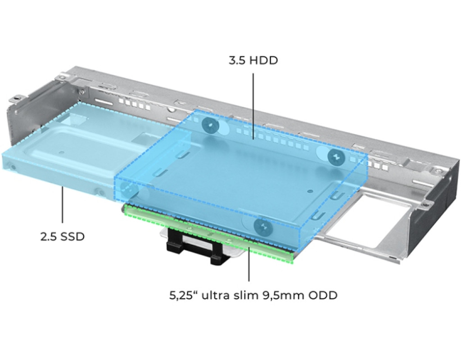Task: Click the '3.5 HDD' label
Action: tap(253, 61)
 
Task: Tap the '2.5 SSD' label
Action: tap(62, 237)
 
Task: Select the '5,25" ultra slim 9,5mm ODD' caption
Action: tap(253, 295)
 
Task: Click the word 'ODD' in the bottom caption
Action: tap(322, 295)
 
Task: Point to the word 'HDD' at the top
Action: tap(264, 61)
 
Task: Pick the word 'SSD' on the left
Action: tap(72, 237)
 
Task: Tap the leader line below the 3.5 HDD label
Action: tap(253, 105)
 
